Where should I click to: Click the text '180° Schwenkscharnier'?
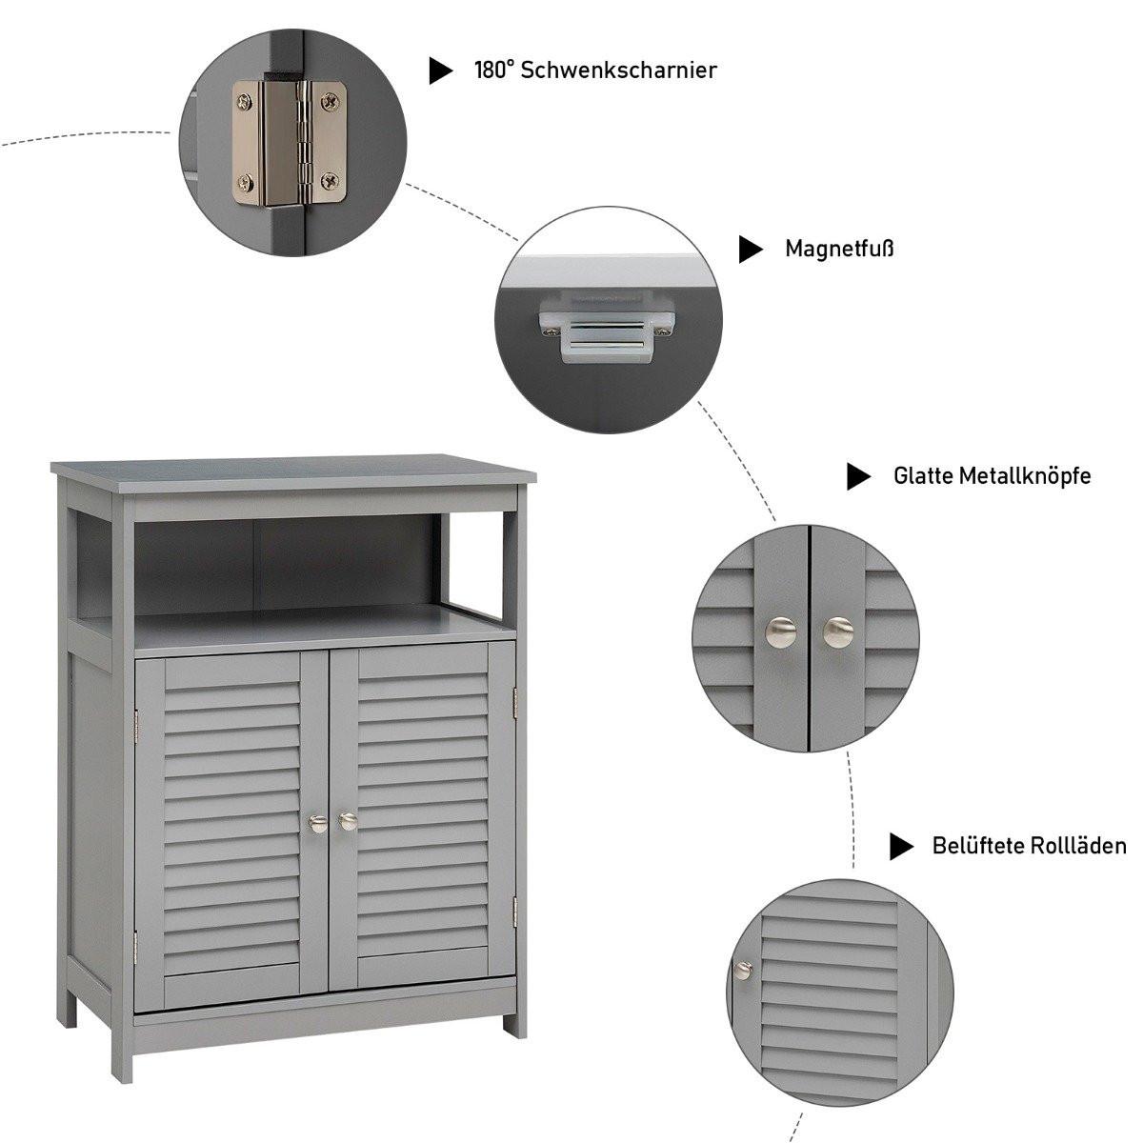click(x=595, y=70)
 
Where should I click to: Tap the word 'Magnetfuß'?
click(x=839, y=250)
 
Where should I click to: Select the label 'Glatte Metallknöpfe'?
click(x=992, y=475)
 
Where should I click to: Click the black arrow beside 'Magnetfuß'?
click(x=751, y=250)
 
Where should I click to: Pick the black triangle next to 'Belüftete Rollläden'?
click(x=901, y=846)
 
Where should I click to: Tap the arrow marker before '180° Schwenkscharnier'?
click(x=440, y=70)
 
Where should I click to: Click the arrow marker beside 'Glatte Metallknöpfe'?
click(x=858, y=476)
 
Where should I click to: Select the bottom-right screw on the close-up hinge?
click(x=330, y=178)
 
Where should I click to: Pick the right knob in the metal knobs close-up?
click(x=838, y=630)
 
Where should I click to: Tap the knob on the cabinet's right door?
click(x=348, y=820)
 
